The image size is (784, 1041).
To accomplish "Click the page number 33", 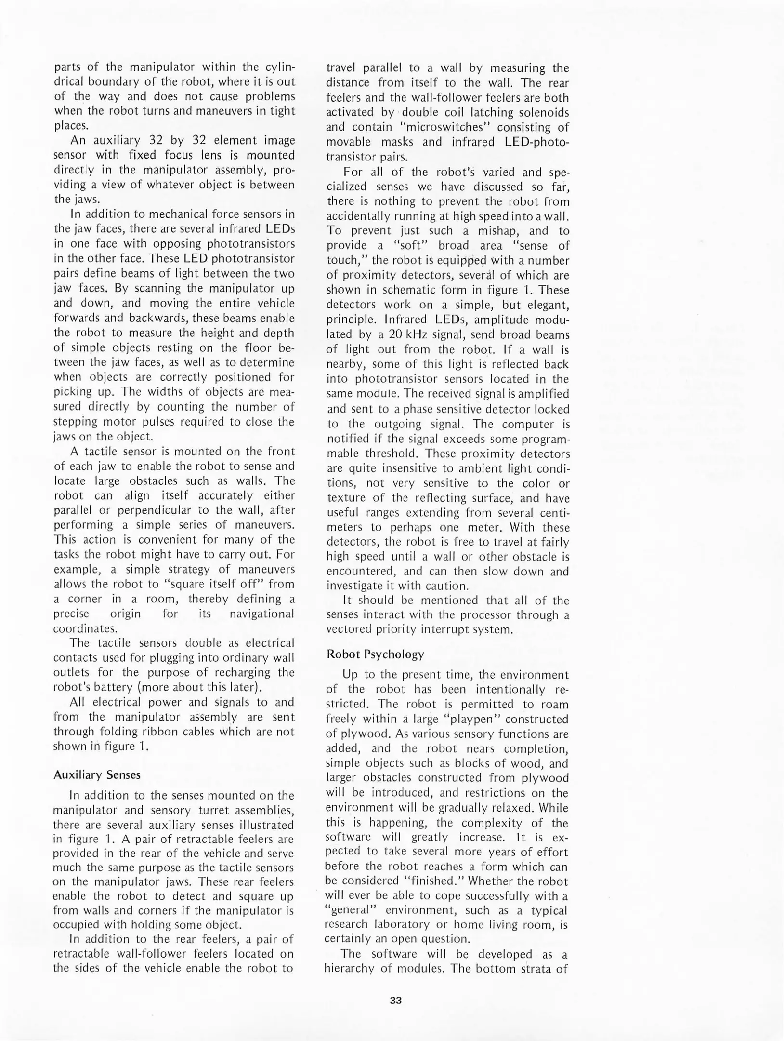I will click(395, 1000).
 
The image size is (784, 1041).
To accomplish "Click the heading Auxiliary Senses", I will click(97, 774).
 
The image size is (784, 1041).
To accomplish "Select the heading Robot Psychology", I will click(375, 654).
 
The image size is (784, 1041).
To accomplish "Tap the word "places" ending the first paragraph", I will click(72, 126).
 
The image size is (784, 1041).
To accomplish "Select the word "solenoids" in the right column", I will click(543, 112).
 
